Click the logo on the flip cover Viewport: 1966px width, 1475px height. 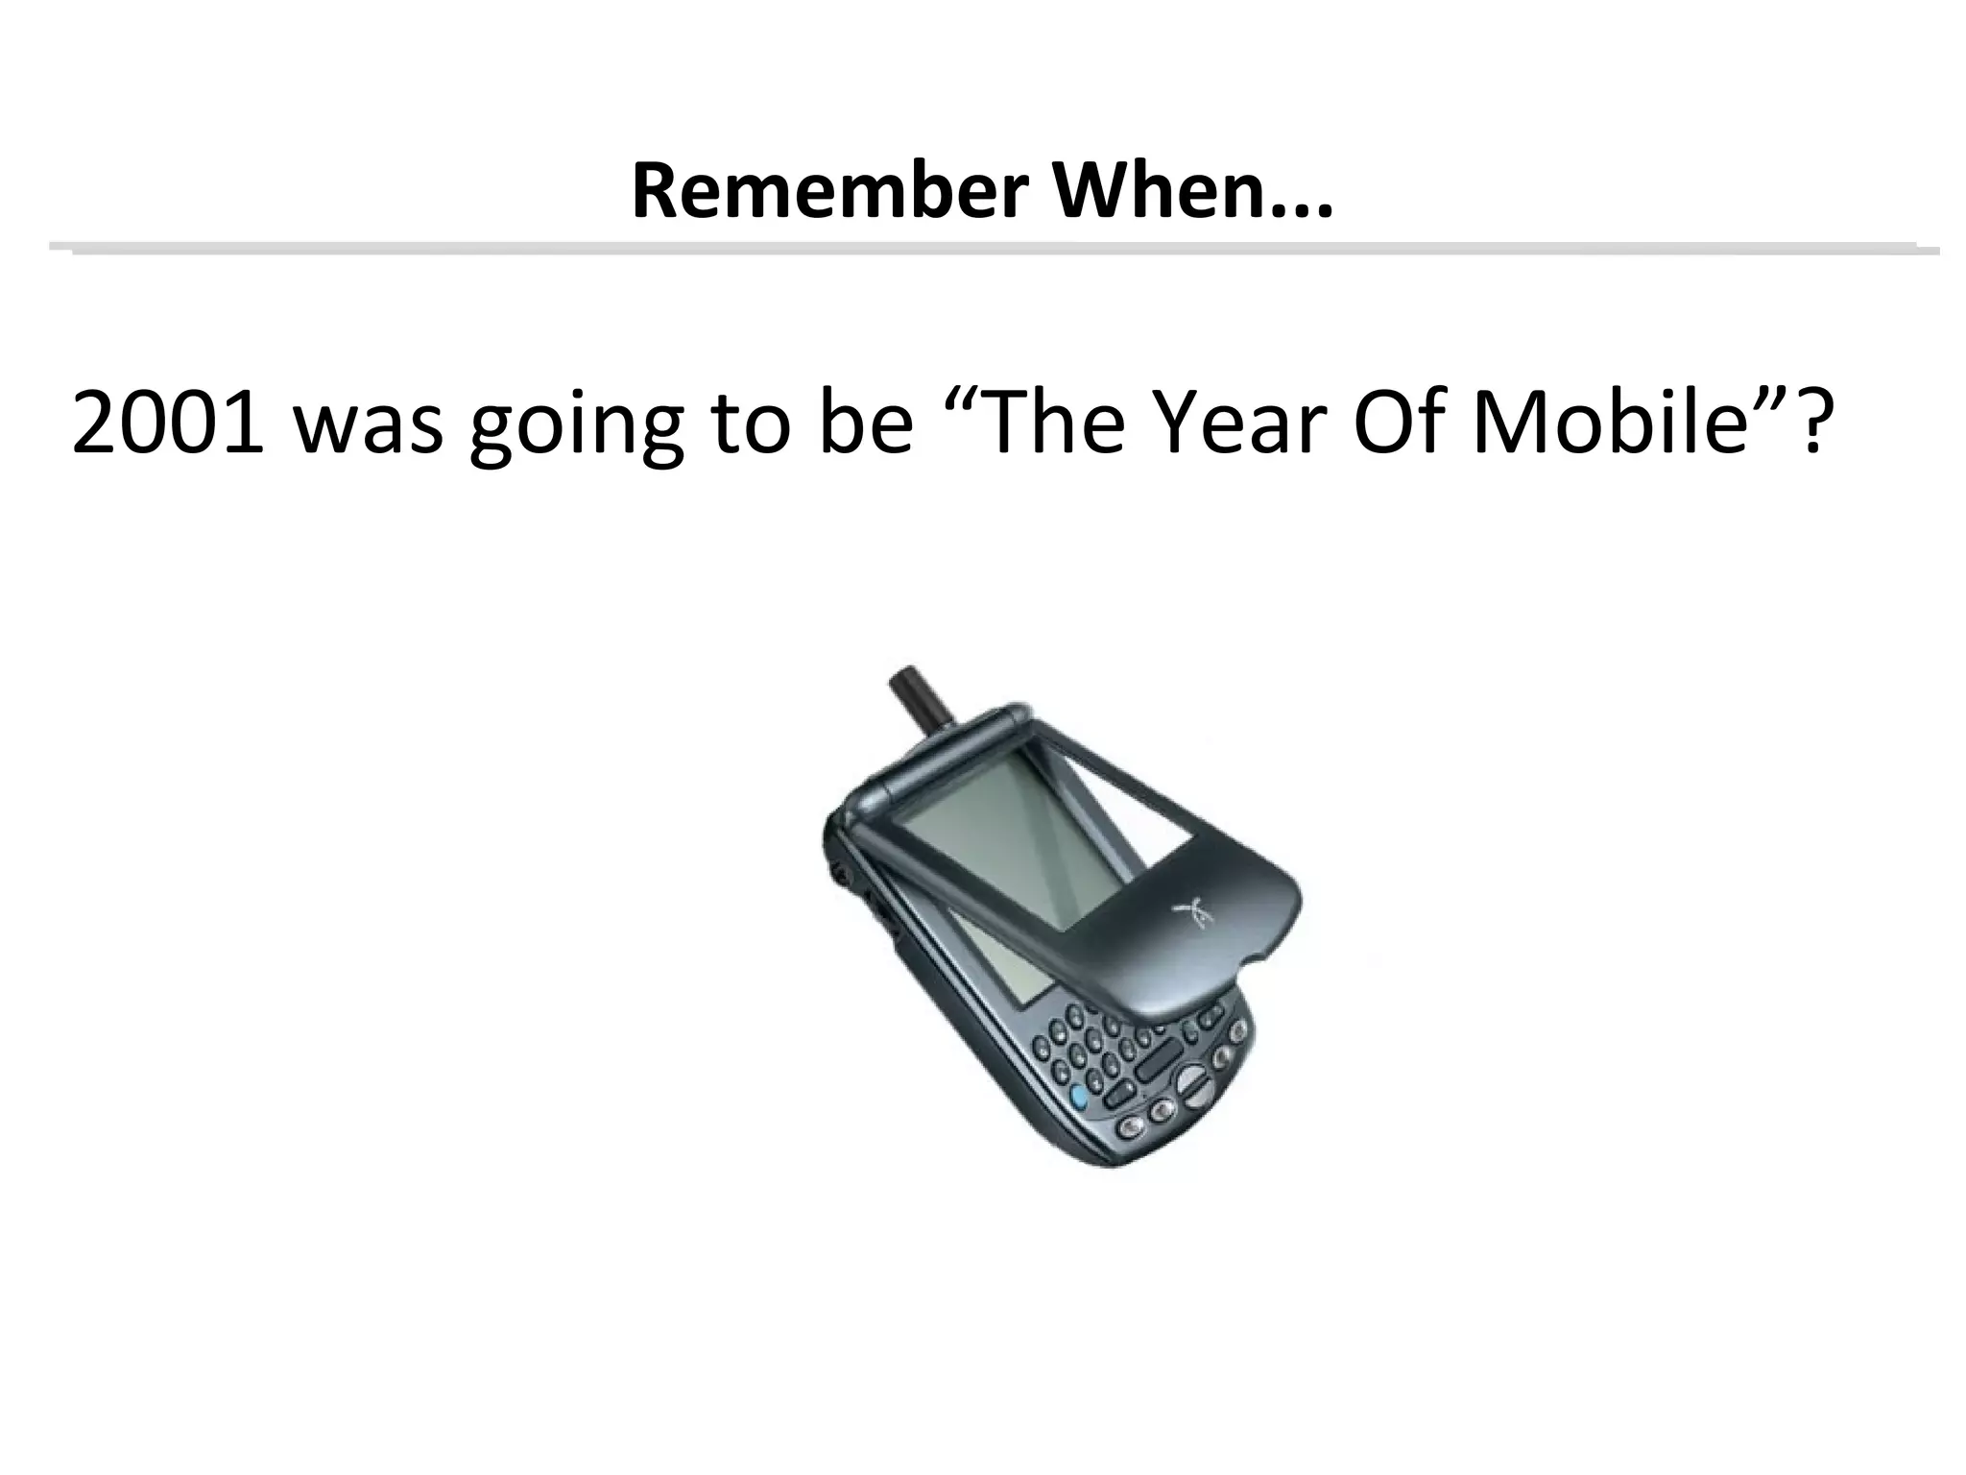click(x=1189, y=911)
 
